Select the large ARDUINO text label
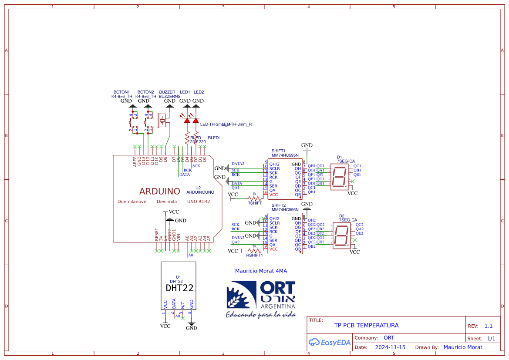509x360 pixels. pos(159,191)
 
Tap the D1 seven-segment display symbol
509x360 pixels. pos(340,177)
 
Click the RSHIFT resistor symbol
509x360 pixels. pos(254,198)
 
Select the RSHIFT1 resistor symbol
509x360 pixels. pos(254,251)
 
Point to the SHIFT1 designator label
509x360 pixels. pos(278,151)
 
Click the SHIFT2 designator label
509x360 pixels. pos(278,205)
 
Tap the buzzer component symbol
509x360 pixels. pos(163,120)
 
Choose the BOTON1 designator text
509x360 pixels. pos(121,92)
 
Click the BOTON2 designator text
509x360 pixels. pos(145,92)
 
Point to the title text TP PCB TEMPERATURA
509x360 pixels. pos(366,325)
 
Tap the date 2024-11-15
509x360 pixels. pos(390,347)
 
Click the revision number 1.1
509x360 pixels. pos(488,326)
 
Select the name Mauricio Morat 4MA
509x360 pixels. pos(261,271)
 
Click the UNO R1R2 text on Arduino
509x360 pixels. pos(198,202)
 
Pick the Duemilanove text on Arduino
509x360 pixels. pos(131,202)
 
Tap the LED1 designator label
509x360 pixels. pos(185,92)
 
